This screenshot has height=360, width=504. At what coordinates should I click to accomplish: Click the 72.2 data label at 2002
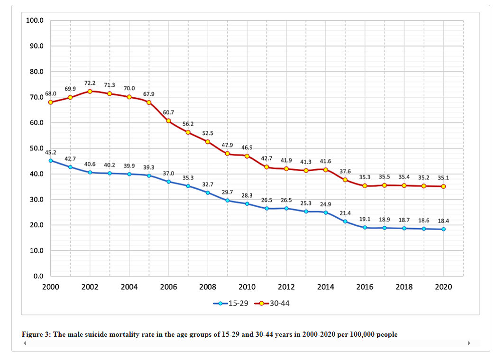click(90, 83)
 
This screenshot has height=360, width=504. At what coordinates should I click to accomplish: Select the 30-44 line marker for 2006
click(168, 120)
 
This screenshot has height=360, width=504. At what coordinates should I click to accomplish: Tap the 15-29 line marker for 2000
click(51, 160)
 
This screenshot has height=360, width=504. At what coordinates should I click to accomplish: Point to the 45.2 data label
click(51, 152)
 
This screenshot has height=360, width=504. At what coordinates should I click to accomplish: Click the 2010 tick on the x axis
click(247, 287)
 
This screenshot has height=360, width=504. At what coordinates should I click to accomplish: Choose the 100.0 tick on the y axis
click(35, 21)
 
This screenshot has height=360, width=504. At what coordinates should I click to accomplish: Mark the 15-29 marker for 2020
click(443, 229)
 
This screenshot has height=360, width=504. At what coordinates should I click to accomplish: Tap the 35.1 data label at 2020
click(443, 178)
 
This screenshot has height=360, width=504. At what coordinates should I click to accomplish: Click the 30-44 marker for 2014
click(326, 170)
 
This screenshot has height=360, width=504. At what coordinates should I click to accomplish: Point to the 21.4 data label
click(345, 213)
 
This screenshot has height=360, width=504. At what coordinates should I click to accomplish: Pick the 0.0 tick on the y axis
click(38, 276)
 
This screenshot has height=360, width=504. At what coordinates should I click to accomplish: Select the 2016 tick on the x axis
click(365, 287)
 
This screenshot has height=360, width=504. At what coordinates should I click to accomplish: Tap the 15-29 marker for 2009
click(228, 201)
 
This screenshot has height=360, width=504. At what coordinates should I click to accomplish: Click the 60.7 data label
click(168, 112)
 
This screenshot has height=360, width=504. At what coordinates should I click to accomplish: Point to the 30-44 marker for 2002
click(90, 91)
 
